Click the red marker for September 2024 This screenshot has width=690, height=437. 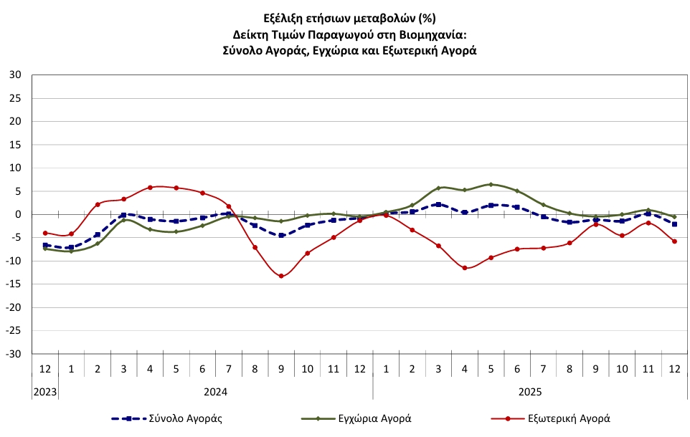pyautogui.click(x=281, y=276)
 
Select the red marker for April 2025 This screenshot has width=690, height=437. pyautogui.click(x=465, y=268)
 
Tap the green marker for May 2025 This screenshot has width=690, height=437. pyautogui.click(x=491, y=185)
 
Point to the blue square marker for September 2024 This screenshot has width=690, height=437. pyautogui.click(x=281, y=235)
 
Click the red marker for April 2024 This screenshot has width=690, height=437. pyautogui.click(x=150, y=188)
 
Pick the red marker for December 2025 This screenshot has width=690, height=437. pyautogui.click(x=674, y=241)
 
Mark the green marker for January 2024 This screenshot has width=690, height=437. pyautogui.click(x=71, y=251)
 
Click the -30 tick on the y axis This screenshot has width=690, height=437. pyautogui.click(x=14, y=354)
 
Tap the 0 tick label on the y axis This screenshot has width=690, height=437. pyautogui.click(x=19, y=214)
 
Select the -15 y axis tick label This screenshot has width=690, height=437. pyautogui.click(x=14, y=284)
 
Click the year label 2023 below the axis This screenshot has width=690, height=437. pyautogui.click(x=45, y=391)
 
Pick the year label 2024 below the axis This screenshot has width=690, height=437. pyautogui.click(x=215, y=391)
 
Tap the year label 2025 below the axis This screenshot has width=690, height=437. pyautogui.click(x=530, y=391)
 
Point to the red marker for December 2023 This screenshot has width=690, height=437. pyautogui.click(x=45, y=233)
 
